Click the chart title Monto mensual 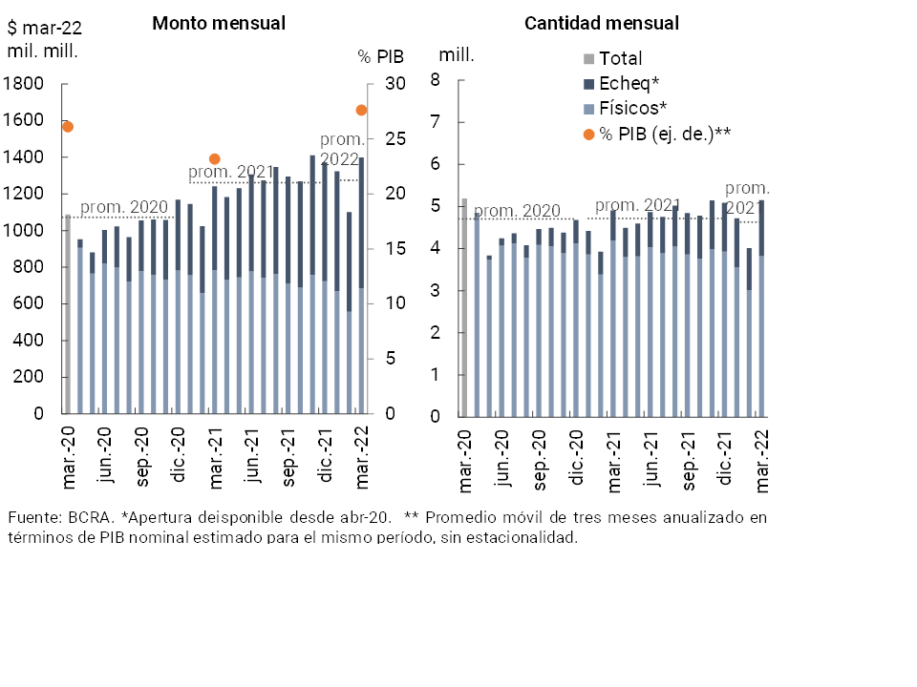pos(219,23)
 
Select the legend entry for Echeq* pos(629,83)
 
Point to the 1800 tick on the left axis pos(24,84)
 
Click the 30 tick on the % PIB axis pos(395,84)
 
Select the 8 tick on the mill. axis pos(435,80)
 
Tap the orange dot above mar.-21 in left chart pos(215,159)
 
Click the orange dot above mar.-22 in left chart pos(361,111)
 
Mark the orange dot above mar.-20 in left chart pos(68,126)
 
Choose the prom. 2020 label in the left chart pos(123,207)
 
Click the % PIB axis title pos(381,56)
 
